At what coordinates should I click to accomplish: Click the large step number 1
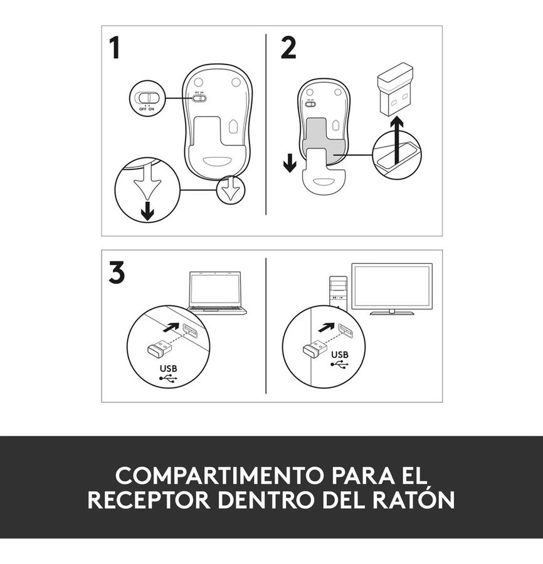tap(115, 48)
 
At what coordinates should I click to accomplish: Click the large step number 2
tap(288, 48)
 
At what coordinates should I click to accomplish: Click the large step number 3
tap(117, 273)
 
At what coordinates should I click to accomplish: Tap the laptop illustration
tap(215, 293)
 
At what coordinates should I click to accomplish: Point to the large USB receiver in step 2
tap(395, 89)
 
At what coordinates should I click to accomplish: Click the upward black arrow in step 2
tap(398, 140)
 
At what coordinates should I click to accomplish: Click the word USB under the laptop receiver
tap(169, 368)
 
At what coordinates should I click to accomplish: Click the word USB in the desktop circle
tap(340, 355)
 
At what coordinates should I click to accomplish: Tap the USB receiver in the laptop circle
tap(159, 347)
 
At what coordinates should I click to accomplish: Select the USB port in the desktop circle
tap(345, 330)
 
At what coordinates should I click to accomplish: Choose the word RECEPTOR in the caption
tap(149, 499)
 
